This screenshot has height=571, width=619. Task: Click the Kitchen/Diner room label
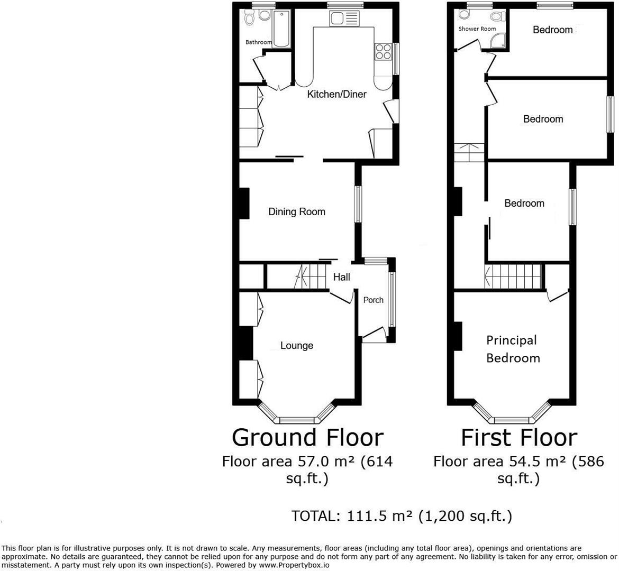point(337,94)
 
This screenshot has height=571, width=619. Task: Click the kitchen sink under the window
point(337,19)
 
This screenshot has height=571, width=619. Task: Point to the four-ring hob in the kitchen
point(383,51)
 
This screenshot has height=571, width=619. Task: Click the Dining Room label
point(296,211)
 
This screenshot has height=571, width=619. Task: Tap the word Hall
point(341,277)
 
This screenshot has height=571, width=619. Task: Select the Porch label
point(373,300)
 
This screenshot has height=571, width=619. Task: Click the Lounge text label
point(296,345)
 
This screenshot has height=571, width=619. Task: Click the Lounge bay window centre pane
point(296,420)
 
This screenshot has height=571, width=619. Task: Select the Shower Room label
point(477,29)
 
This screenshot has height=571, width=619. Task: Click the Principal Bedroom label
point(513,349)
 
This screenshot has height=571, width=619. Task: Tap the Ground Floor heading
point(307,438)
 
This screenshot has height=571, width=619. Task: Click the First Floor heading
point(518,438)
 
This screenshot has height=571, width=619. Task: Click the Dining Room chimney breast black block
point(244,204)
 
